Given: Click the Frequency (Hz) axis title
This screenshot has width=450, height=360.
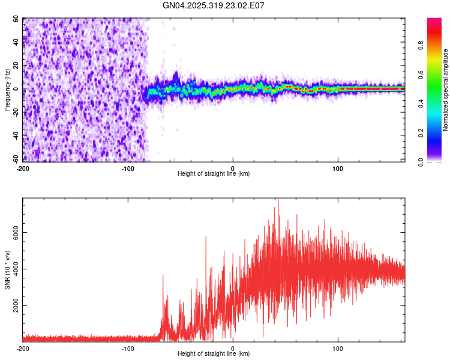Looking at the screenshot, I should coord(8,90).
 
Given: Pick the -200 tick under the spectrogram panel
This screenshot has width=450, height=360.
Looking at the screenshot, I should coord(22,168).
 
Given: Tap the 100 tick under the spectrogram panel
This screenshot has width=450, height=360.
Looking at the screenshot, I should coord(338,168).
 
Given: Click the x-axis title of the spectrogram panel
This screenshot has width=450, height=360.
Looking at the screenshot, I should coord(214,174).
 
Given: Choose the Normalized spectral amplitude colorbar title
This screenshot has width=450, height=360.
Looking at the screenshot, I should coord(446,90).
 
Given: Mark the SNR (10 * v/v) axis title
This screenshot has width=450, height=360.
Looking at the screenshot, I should coord(8,270).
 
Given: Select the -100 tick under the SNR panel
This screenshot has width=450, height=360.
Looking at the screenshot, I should coord(128,349).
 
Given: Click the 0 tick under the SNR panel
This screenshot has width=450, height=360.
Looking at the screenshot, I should coord(233,349).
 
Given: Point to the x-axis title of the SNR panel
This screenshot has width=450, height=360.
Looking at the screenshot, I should coord(214,354).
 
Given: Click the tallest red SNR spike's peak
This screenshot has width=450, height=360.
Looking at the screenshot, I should coord(278,199).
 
